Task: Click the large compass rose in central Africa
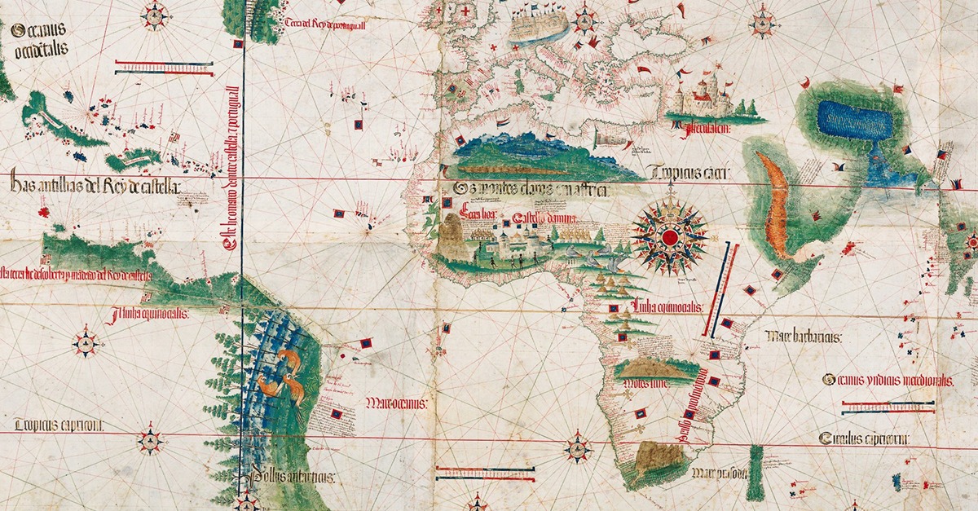pyautogui.click(x=669, y=236)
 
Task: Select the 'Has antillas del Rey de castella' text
pyautogui.click(x=95, y=186)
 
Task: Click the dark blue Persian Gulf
pyautogui.click(x=854, y=120)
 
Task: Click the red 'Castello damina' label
pyautogui.click(x=544, y=219)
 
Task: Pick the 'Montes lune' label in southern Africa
pyautogui.click(x=644, y=383)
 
